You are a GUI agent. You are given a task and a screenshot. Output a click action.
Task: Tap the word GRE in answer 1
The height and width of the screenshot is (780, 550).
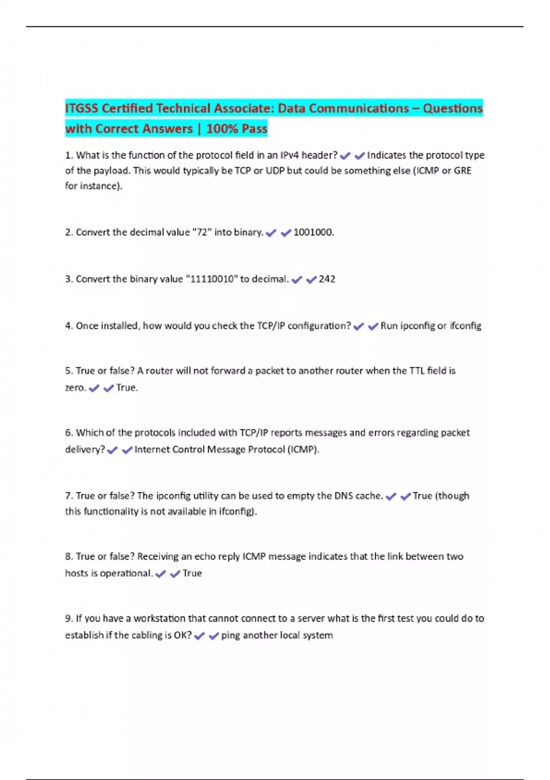(462, 171)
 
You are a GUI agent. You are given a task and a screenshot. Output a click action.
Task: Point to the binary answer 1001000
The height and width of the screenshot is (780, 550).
(313, 232)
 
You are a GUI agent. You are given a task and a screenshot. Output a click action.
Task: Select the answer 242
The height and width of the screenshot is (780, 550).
(327, 279)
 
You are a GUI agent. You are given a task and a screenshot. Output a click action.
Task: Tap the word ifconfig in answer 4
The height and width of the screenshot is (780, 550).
(465, 326)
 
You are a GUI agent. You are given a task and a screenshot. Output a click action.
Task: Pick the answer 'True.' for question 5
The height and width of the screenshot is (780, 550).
(127, 388)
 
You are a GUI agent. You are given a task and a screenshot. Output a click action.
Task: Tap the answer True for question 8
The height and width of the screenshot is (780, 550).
(192, 574)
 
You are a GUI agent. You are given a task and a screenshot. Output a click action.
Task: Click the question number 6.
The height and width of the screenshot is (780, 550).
(69, 433)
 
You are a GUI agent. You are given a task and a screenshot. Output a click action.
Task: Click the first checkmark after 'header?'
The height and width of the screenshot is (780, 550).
(345, 156)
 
